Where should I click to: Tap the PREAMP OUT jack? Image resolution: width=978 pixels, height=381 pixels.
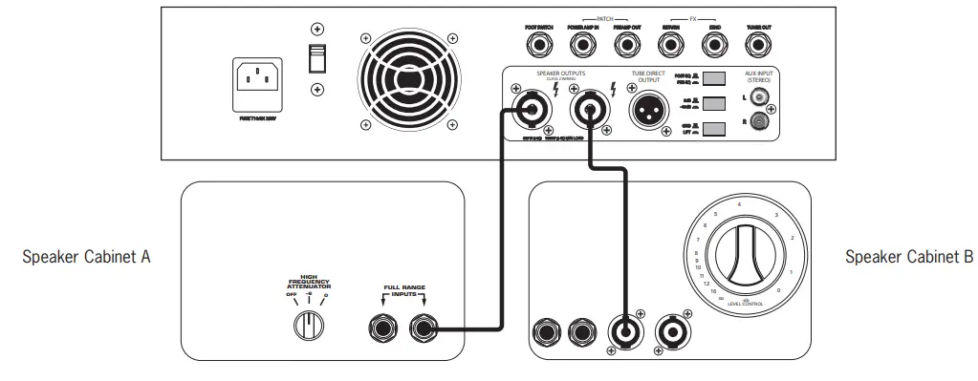626,44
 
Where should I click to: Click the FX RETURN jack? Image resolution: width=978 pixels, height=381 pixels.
670,44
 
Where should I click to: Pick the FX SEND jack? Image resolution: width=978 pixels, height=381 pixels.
713,44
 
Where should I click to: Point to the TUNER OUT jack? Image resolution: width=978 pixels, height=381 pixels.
759,44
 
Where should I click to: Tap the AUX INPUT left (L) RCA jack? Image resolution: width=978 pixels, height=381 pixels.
760,96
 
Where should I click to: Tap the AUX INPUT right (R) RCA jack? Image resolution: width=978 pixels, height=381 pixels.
760,122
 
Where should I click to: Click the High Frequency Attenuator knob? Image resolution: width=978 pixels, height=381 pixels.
309,326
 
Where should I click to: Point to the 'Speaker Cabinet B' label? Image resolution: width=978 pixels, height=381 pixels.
908,258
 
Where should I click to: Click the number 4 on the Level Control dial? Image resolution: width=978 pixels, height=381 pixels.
739,203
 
